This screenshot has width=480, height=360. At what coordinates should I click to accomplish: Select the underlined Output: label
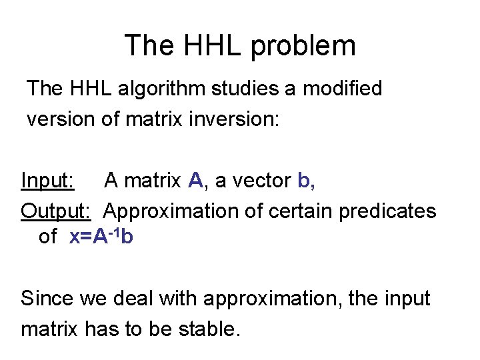(x=57, y=211)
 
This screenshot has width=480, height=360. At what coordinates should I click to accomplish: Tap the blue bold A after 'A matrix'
(x=195, y=180)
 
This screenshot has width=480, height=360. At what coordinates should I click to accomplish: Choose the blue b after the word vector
(x=304, y=180)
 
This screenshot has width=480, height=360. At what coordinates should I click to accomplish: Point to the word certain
(x=301, y=211)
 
